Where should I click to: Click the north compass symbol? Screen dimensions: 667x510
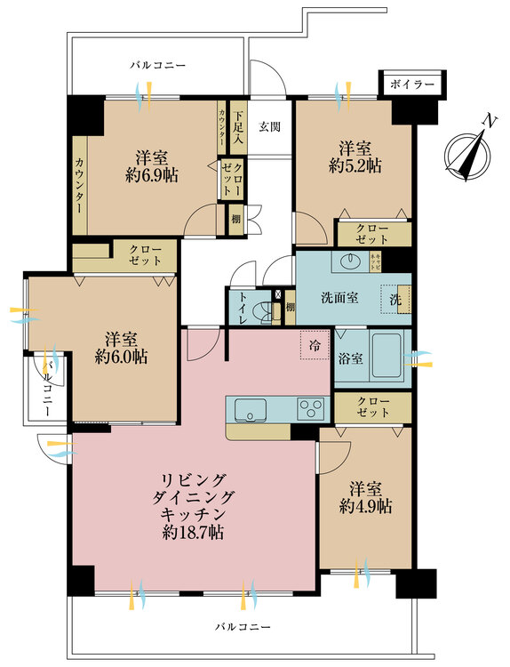(468, 151)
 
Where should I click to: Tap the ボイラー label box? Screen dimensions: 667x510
(411, 84)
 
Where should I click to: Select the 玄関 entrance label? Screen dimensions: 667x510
(269, 126)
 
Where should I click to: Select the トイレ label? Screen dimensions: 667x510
(239, 308)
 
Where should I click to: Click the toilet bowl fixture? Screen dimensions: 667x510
(263, 311)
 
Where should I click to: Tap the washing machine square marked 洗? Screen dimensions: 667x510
(395, 299)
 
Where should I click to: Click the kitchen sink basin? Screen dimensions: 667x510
(250, 409)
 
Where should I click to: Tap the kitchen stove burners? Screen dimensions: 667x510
(313, 409)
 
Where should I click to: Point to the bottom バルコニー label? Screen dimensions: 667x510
(242, 627)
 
